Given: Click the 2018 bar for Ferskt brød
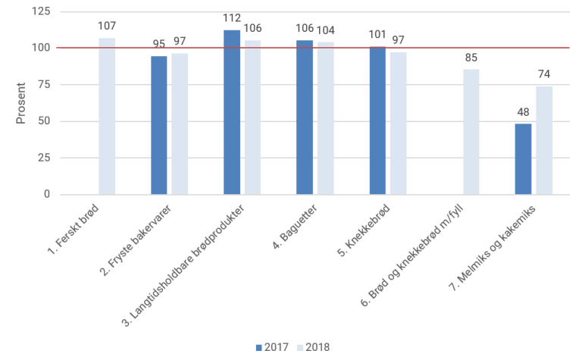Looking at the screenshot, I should click(x=107, y=116).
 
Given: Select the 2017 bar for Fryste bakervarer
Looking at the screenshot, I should click(x=159, y=125).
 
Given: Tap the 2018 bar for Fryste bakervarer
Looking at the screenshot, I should click(x=180, y=124).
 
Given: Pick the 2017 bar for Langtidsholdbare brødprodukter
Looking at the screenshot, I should click(x=232, y=112).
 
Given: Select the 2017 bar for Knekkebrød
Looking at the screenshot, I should click(x=377, y=121).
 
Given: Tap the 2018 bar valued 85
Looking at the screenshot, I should click(x=471, y=132).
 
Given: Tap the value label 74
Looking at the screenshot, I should click(x=544, y=74).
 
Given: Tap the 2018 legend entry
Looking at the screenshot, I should click(x=313, y=348).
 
